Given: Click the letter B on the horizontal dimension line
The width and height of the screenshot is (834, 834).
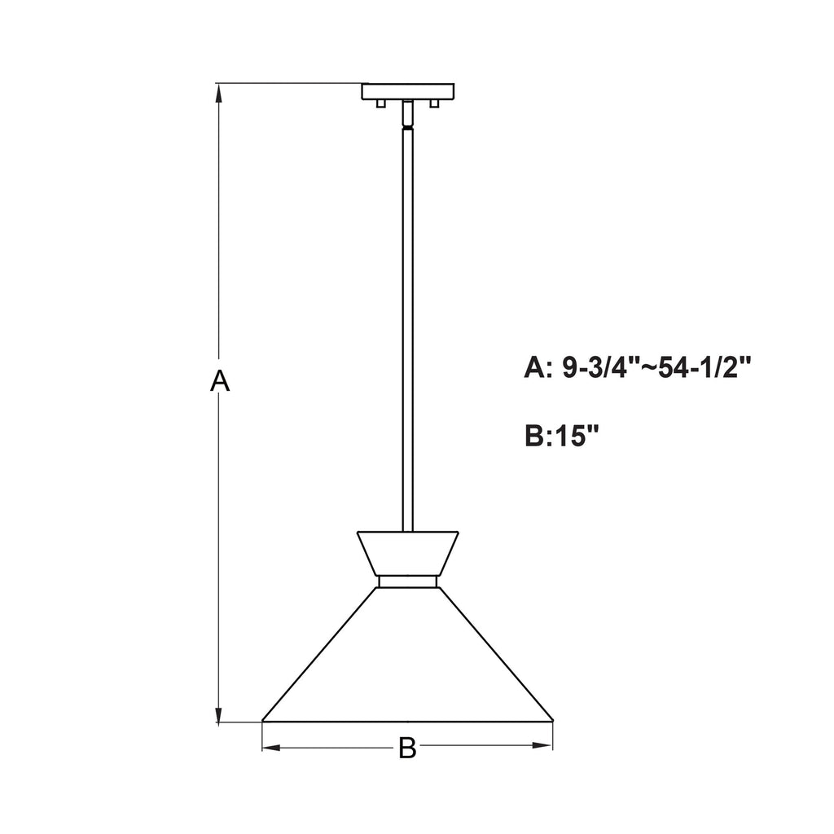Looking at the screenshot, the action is tap(407, 748).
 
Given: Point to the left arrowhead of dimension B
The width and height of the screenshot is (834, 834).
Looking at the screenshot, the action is tap(272, 748).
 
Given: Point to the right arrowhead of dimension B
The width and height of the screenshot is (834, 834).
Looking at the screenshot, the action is tap(543, 746).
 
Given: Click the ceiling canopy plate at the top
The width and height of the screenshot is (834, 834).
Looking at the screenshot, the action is tap(408, 91).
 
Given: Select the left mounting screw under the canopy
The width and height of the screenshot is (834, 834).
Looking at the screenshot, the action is tap(381, 103).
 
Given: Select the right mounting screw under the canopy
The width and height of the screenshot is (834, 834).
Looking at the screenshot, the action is tap(435, 103).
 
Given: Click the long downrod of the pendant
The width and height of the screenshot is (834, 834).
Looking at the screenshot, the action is tap(407, 330).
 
